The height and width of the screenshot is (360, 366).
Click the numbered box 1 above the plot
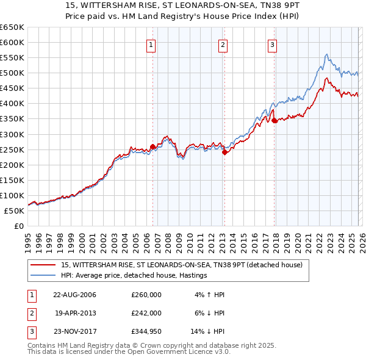click(151, 44)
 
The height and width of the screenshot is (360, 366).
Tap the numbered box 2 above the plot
click(223, 44)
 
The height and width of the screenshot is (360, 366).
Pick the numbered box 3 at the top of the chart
click(272, 44)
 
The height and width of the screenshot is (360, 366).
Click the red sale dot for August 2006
click(152, 146)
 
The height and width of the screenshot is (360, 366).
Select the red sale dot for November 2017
click(274, 120)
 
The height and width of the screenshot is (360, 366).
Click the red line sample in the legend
click(43, 265)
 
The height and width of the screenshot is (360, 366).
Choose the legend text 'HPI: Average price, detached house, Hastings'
click(135, 275)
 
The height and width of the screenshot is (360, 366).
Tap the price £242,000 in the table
click(146, 312)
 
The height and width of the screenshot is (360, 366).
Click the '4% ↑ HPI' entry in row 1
click(209, 295)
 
